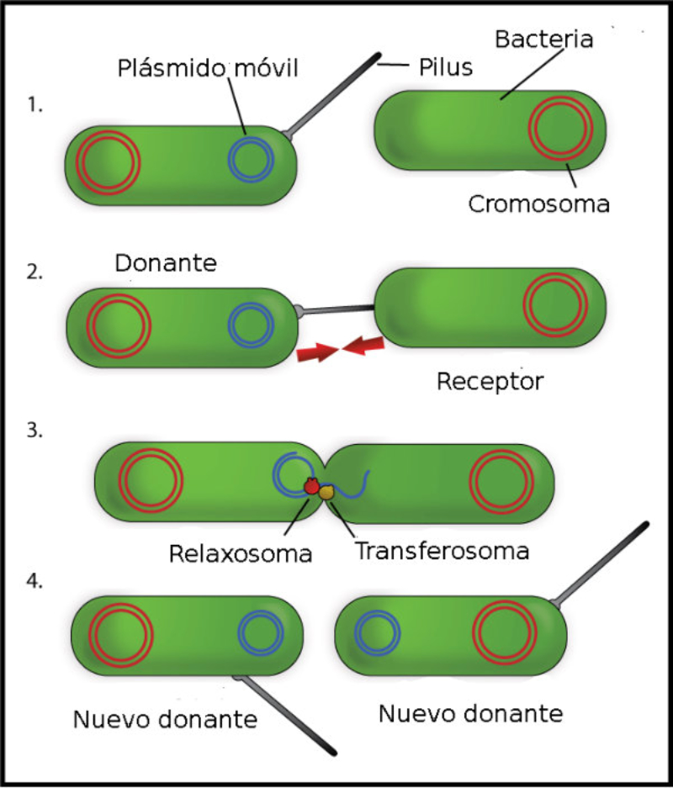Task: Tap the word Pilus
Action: tap(446, 66)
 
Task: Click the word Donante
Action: tap(166, 263)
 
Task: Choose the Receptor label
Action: tap(490, 382)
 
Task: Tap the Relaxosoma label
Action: tap(241, 553)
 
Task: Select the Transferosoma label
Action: tap(442, 552)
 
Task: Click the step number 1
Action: tap(34, 107)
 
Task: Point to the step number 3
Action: tap(34, 431)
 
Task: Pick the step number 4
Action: tap(34, 582)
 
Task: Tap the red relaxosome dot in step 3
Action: tap(311, 487)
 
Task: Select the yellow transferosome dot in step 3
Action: tap(326, 494)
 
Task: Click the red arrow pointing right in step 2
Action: tap(315, 352)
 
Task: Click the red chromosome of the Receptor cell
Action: tap(554, 305)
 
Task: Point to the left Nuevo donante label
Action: tap(164, 720)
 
